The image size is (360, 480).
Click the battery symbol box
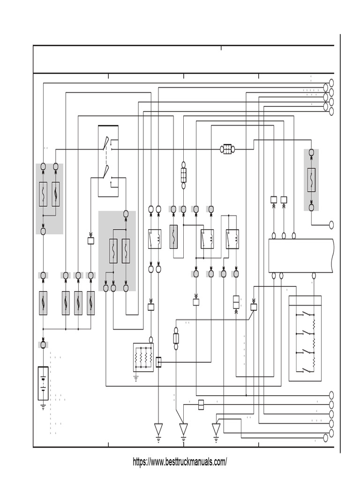(x=43, y=383)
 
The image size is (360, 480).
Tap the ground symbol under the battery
(x=43, y=406)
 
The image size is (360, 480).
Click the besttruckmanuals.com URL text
(x=180, y=462)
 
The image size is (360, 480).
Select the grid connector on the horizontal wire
(x=227, y=149)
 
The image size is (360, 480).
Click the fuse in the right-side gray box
(x=311, y=180)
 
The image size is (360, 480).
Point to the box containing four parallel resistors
(x=143, y=357)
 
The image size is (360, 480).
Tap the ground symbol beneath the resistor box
(x=136, y=377)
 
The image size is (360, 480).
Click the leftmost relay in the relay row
(x=155, y=238)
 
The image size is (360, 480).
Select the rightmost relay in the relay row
(x=232, y=238)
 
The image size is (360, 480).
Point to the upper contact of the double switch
(x=107, y=143)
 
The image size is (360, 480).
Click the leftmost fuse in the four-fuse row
(x=43, y=302)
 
